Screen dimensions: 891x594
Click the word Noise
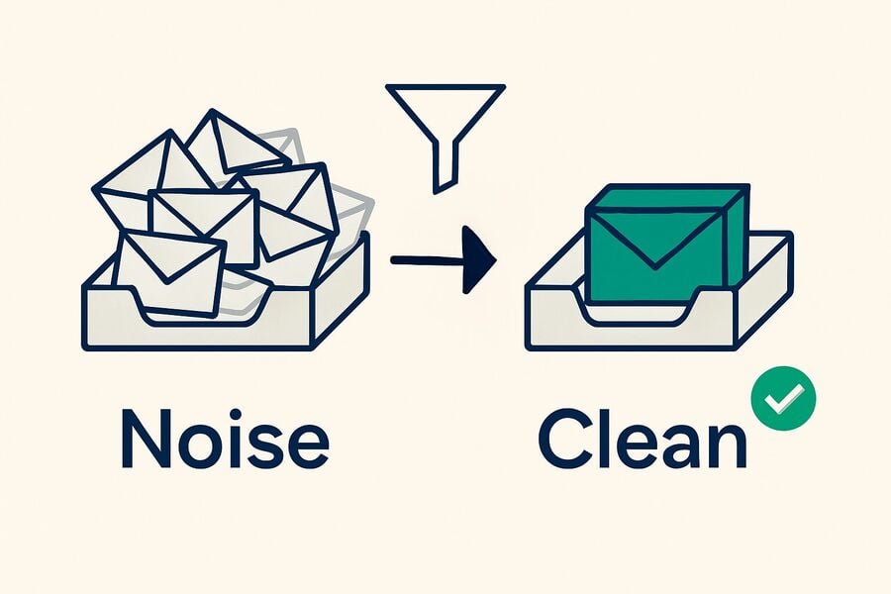[x=225, y=438]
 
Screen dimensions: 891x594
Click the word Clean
[x=643, y=438]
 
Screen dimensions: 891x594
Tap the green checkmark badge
[x=784, y=398]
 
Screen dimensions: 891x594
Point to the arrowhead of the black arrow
[x=479, y=259]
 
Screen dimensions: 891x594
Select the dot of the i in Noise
[x=236, y=415]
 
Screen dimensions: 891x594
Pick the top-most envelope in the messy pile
[x=236, y=143]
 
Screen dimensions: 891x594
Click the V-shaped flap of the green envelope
[x=654, y=239]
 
